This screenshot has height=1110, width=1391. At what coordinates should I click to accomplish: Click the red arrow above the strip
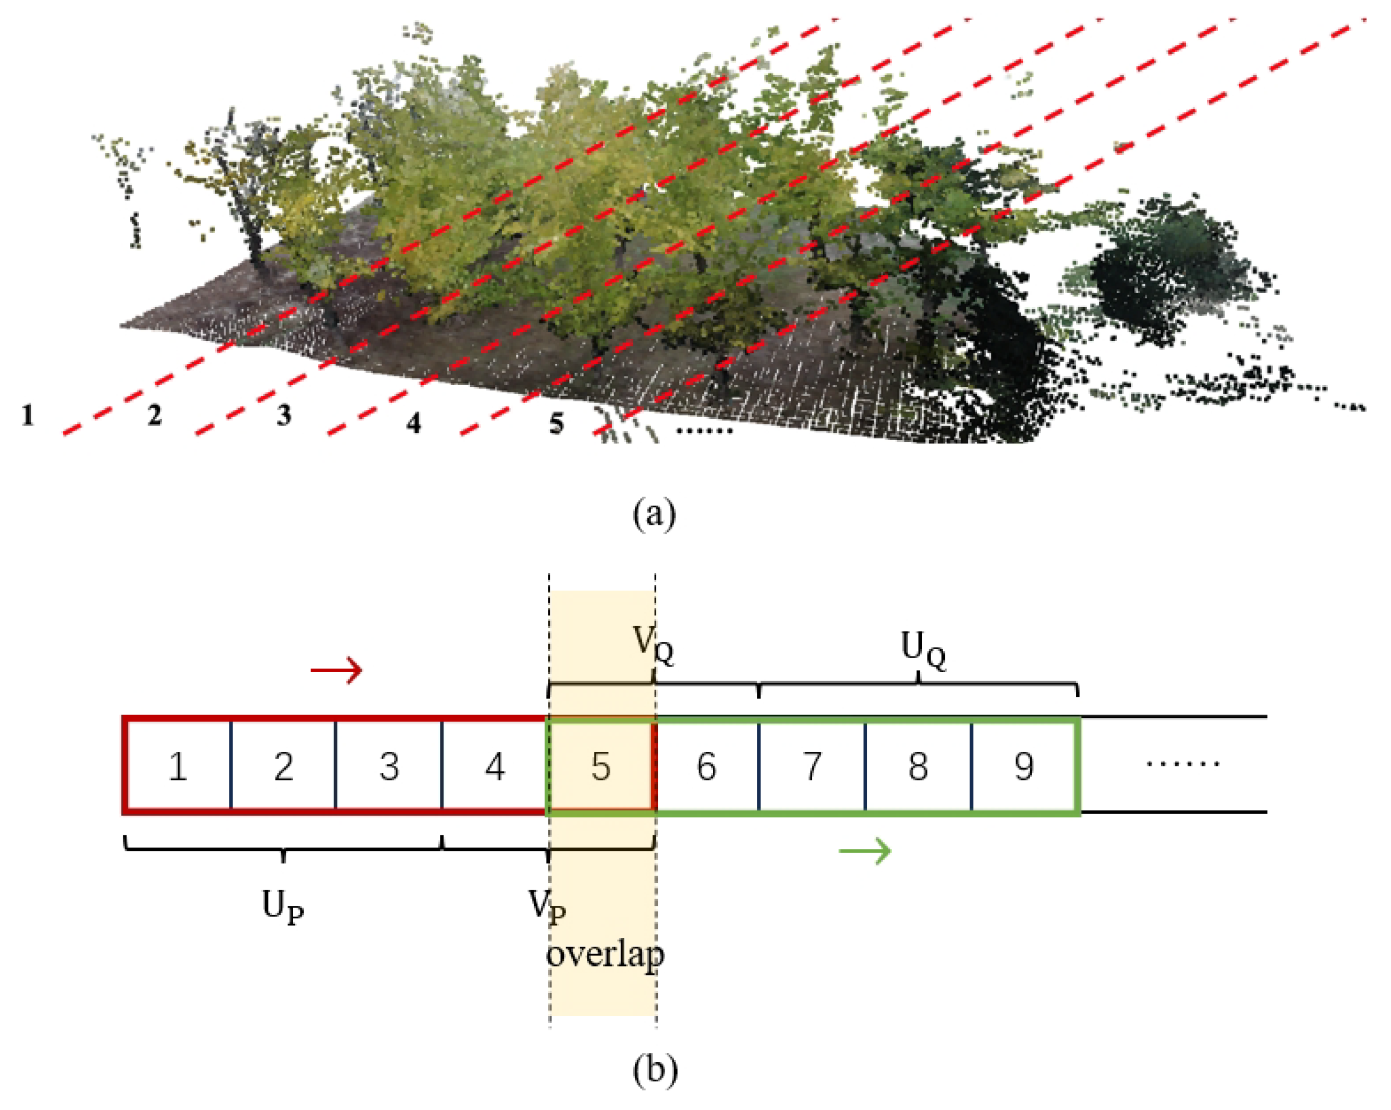(x=336, y=670)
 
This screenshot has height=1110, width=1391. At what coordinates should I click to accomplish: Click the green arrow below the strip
(x=865, y=850)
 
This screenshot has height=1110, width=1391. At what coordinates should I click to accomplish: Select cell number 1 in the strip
(x=178, y=766)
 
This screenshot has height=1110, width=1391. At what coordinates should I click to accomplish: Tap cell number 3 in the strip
(x=388, y=766)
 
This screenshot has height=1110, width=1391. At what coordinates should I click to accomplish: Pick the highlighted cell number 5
(x=601, y=766)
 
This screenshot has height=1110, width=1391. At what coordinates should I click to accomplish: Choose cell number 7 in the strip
(x=812, y=766)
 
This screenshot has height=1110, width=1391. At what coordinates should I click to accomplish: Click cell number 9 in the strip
(x=1024, y=766)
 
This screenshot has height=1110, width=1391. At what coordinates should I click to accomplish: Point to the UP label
(x=282, y=906)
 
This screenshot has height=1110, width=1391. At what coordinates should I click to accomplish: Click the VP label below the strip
(x=547, y=905)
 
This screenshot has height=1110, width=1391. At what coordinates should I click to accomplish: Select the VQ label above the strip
(x=653, y=644)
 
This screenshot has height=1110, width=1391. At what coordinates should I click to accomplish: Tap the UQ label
(x=922, y=649)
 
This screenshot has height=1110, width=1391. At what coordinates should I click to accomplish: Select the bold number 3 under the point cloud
(x=284, y=415)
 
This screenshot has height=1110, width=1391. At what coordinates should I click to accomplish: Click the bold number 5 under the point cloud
(x=556, y=423)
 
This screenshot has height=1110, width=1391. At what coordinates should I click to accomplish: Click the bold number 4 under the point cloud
(x=414, y=423)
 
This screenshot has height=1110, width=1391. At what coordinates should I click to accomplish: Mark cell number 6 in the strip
(x=707, y=766)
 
